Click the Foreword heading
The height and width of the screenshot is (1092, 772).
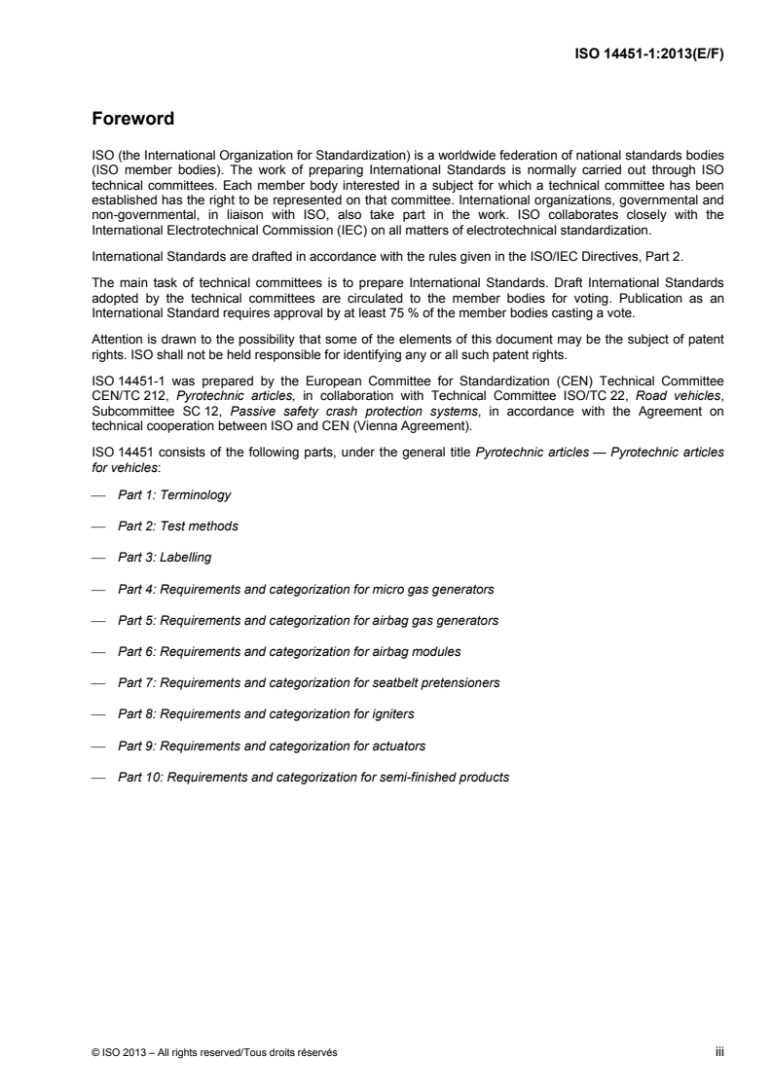click(x=132, y=121)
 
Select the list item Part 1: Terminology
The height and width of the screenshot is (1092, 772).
click(x=174, y=495)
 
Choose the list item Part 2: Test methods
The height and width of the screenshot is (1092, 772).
click(x=178, y=527)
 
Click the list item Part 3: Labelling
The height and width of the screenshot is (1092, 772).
click(x=165, y=558)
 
